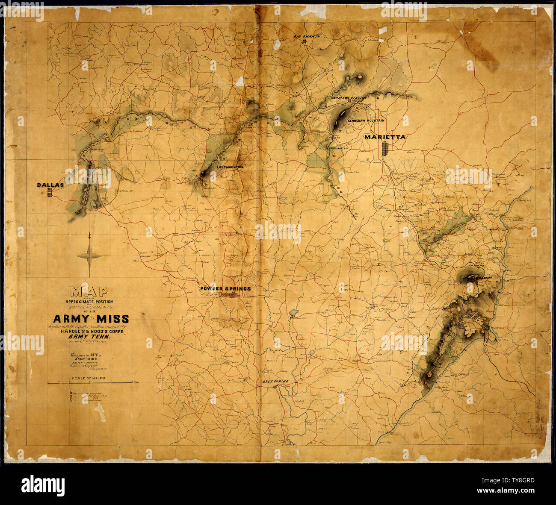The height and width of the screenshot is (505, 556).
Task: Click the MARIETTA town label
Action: tap(384, 137)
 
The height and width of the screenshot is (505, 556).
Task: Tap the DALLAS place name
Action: tap(50, 185)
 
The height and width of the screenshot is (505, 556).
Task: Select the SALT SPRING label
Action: tap(275, 381)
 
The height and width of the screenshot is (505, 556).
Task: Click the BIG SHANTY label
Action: tap(307, 37)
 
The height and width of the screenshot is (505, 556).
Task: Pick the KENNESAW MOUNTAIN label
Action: tap(366, 121)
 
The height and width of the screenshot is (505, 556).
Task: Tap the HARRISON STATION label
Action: tap(349, 98)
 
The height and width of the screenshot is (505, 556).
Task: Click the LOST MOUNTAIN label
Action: tap(230, 167)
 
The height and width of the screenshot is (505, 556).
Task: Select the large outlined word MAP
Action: tap(89, 292)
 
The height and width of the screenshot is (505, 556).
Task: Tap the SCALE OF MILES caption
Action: tap(89, 379)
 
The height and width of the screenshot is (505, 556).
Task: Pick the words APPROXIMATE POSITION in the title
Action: tap(89, 302)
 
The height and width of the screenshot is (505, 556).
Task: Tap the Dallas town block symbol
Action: tap(50, 192)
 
